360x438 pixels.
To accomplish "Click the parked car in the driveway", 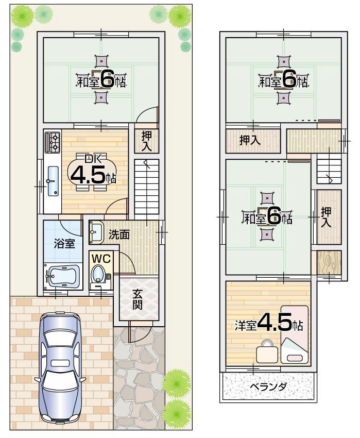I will (61, 367).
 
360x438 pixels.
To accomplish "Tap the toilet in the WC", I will (98, 277).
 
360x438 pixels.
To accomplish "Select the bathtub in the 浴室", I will (62, 278).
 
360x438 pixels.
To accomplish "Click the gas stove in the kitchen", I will (53, 142).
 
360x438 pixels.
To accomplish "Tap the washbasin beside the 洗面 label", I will (96, 233).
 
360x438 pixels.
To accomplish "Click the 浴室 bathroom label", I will (64, 244).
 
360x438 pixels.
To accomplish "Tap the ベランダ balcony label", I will (268, 388).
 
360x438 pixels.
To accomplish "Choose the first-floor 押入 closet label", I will (147, 141).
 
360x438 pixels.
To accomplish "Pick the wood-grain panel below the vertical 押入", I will (328, 263).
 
